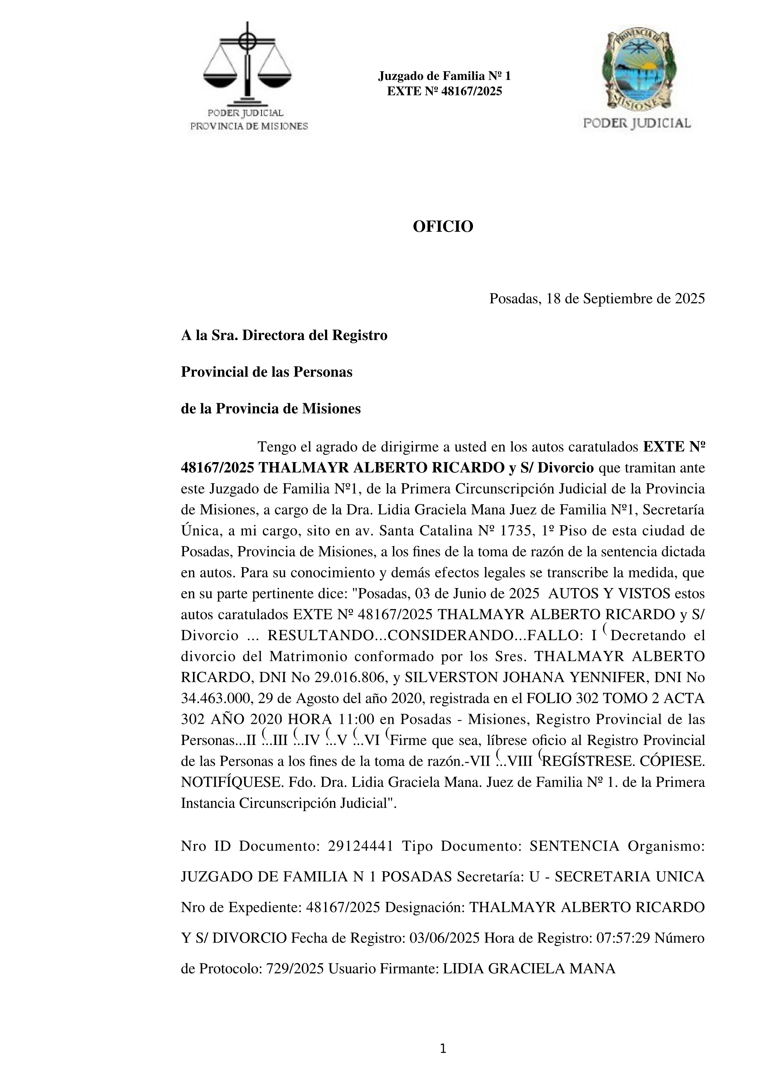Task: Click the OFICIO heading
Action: [443, 226]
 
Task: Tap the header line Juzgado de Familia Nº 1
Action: [444, 76]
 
